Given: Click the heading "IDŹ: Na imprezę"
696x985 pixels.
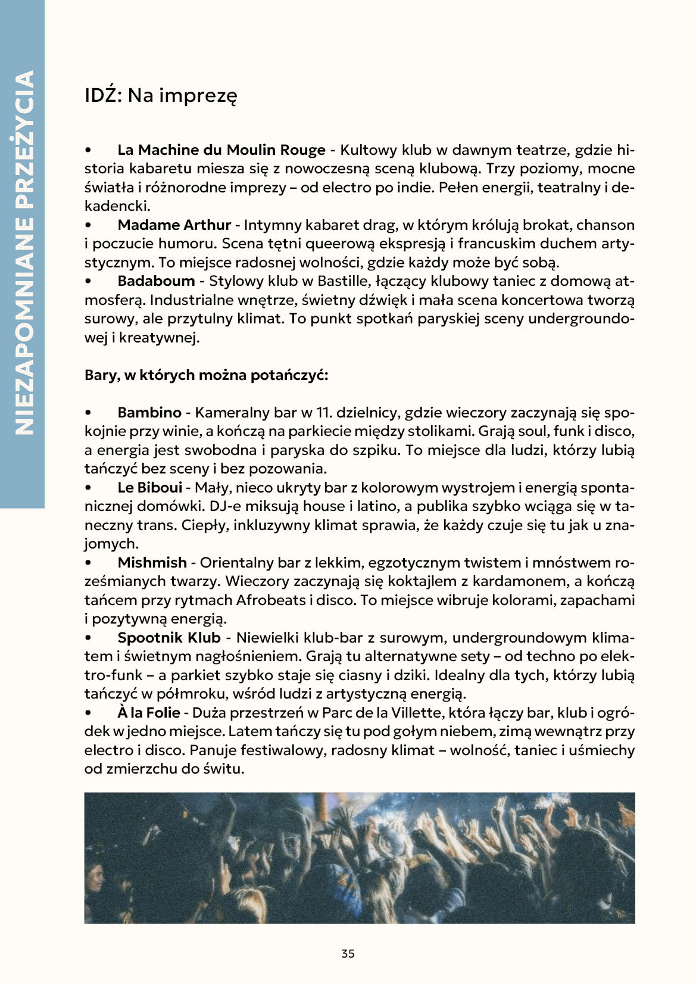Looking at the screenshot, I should point(161,95).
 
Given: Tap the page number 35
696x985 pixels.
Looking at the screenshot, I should point(348,953).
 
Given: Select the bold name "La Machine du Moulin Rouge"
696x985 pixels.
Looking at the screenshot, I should point(221,150).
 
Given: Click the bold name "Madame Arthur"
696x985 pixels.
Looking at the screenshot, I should point(174,225).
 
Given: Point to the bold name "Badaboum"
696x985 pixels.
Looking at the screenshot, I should point(156,281).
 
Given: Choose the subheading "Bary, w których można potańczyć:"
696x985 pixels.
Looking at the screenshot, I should point(206,375).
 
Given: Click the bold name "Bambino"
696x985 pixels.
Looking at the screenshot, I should point(149,413).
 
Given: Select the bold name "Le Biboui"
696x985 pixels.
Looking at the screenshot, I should point(149,488).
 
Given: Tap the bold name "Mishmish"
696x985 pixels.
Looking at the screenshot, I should point(152,563).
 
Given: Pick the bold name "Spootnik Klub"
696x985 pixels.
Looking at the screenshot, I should point(169,638).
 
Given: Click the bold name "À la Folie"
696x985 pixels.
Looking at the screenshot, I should point(148,713).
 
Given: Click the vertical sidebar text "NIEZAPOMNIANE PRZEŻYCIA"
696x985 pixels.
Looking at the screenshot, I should point(23,253).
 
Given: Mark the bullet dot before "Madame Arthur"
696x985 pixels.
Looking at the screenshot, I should point(88,226).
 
